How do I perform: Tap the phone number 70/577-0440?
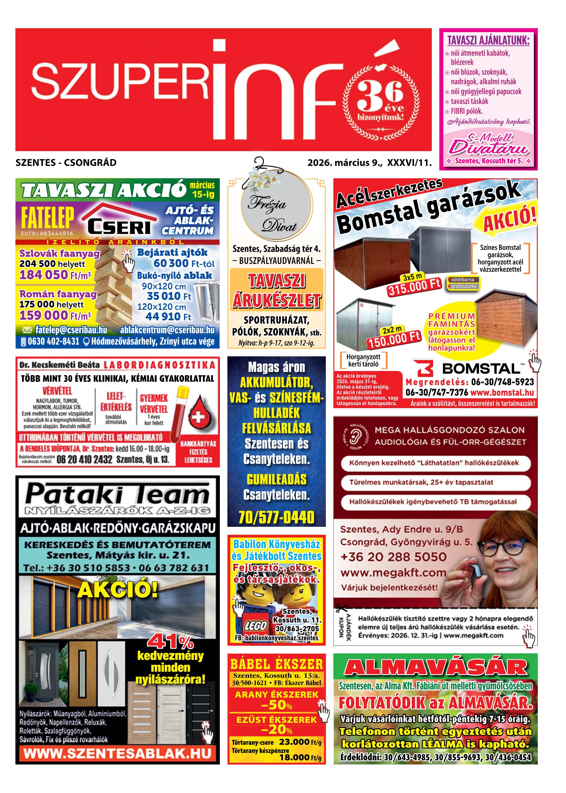pos(276,517)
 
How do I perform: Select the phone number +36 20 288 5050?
pos(393,557)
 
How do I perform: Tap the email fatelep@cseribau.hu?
pos(71,330)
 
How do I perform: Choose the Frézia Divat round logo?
pos(276,211)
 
